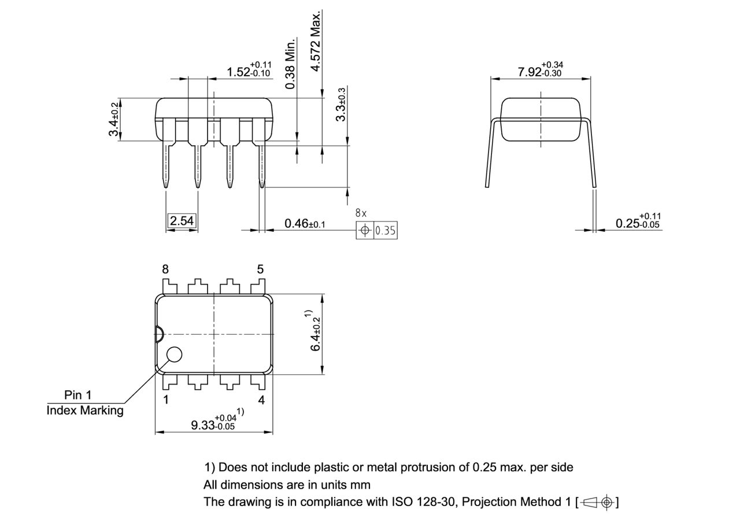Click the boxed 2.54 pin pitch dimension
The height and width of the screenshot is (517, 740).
pos(182,221)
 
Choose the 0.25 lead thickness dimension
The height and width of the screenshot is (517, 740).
pos(637,220)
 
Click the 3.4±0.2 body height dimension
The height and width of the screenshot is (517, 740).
pos(114,119)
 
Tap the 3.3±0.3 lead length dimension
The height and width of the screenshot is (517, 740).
pos(341,104)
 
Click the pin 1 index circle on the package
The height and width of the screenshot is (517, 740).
pos(174,354)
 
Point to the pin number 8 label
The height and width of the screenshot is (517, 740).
pos(165,269)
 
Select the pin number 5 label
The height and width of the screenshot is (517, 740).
pos(260,269)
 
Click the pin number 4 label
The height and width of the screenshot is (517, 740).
pos(261,400)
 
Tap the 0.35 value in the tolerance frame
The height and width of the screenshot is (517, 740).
pos(386,231)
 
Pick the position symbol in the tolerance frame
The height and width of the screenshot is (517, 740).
pos(365,231)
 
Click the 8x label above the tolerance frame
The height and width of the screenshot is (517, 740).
pos(361,213)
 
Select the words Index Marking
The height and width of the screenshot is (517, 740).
pos(85,411)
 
